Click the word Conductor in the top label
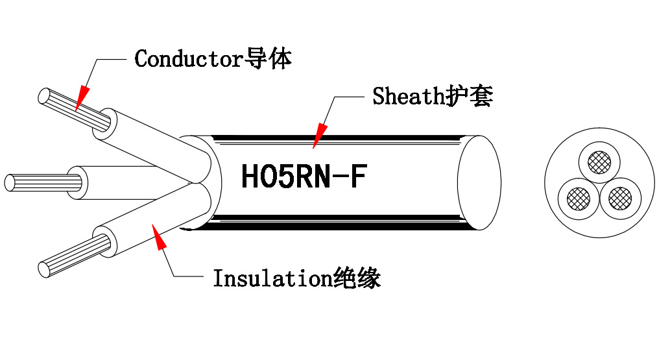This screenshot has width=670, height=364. click(x=188, y=59)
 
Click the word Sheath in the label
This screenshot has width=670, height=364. click(x=407, y=97)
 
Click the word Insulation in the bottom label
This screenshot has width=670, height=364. click(x=272, y=278)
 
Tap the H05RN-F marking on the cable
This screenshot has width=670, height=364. click(x=304, y=177)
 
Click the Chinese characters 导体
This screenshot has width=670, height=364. click(x=268, y=59)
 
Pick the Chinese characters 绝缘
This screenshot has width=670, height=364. click(x=356, y=278)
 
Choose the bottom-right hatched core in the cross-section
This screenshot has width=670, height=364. click(x=620, y=196)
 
